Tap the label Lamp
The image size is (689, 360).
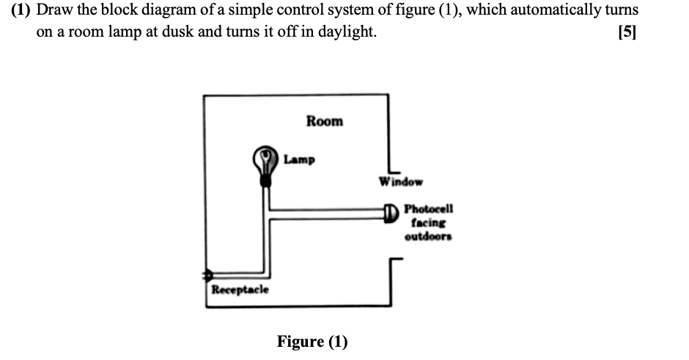[x=299, y=158]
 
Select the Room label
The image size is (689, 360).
[x=324, y=121]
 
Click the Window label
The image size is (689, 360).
[x=401, y=181]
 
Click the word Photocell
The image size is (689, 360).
[x=429, y=208]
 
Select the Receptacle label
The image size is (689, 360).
[x=240, y=290]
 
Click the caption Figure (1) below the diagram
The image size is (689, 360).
[x=312, y=341]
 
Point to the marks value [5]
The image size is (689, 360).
[x=627, y=32]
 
